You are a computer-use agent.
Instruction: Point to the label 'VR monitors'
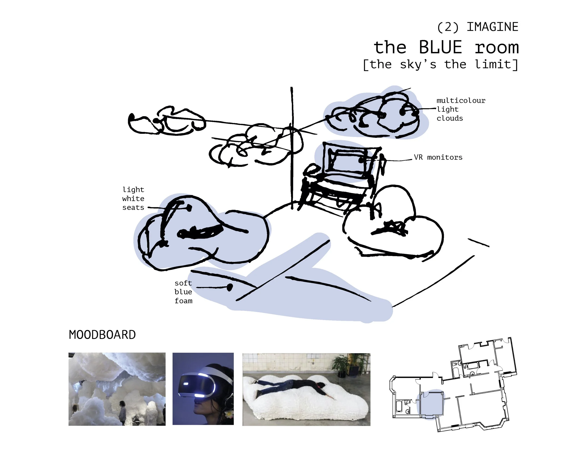pyautogui.click(x=438, y=157)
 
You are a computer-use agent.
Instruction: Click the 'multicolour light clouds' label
pyautogui.click(x=460, y=109)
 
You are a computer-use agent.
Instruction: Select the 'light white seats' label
pyautogui.click(x=133, y=199)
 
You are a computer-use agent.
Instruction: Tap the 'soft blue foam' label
pyautogui.click(x=183, y=292)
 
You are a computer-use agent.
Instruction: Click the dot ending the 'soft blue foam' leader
pyautogui.click(x=230, y=287)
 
